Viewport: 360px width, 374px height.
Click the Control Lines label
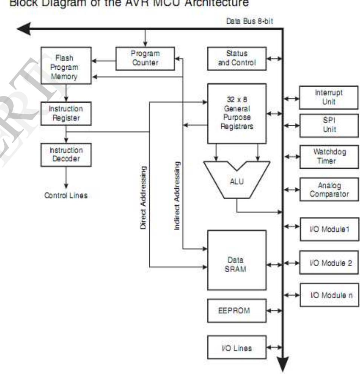[x=66, y=196]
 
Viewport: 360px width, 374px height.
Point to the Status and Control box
[x=236, y=58]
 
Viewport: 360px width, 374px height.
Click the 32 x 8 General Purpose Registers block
[x=236, y=113]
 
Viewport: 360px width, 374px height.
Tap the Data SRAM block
[x=236, y=260]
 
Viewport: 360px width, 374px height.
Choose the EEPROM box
[x=236, y=311]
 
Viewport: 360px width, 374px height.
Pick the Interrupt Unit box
[x=329, y=97]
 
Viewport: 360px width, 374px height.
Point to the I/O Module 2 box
[x=329, y=263]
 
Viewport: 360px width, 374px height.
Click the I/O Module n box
[x=329, y=295]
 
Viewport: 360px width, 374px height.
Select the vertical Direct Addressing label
[x=143, y=196]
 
